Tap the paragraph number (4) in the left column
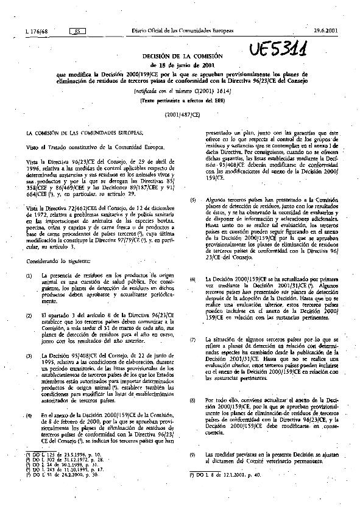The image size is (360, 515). (29, 415)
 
